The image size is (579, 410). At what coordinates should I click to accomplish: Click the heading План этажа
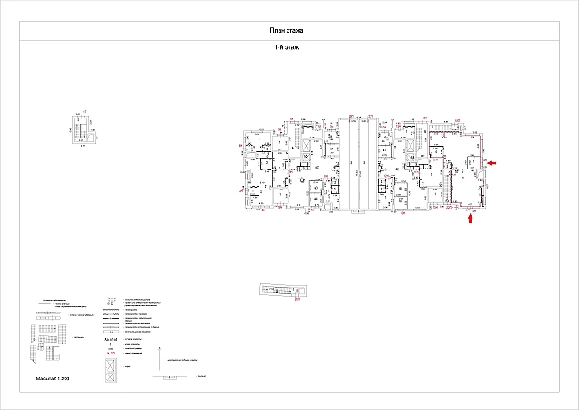[289, 31]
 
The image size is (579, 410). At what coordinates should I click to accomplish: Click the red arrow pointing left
[492, 163]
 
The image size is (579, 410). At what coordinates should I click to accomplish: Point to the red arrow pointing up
[471, 218]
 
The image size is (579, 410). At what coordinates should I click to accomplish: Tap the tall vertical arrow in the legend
[160, 358]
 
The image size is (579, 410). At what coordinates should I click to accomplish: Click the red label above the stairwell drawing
[83, 112]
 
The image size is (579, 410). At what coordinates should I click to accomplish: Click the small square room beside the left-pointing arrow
[473, 165]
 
